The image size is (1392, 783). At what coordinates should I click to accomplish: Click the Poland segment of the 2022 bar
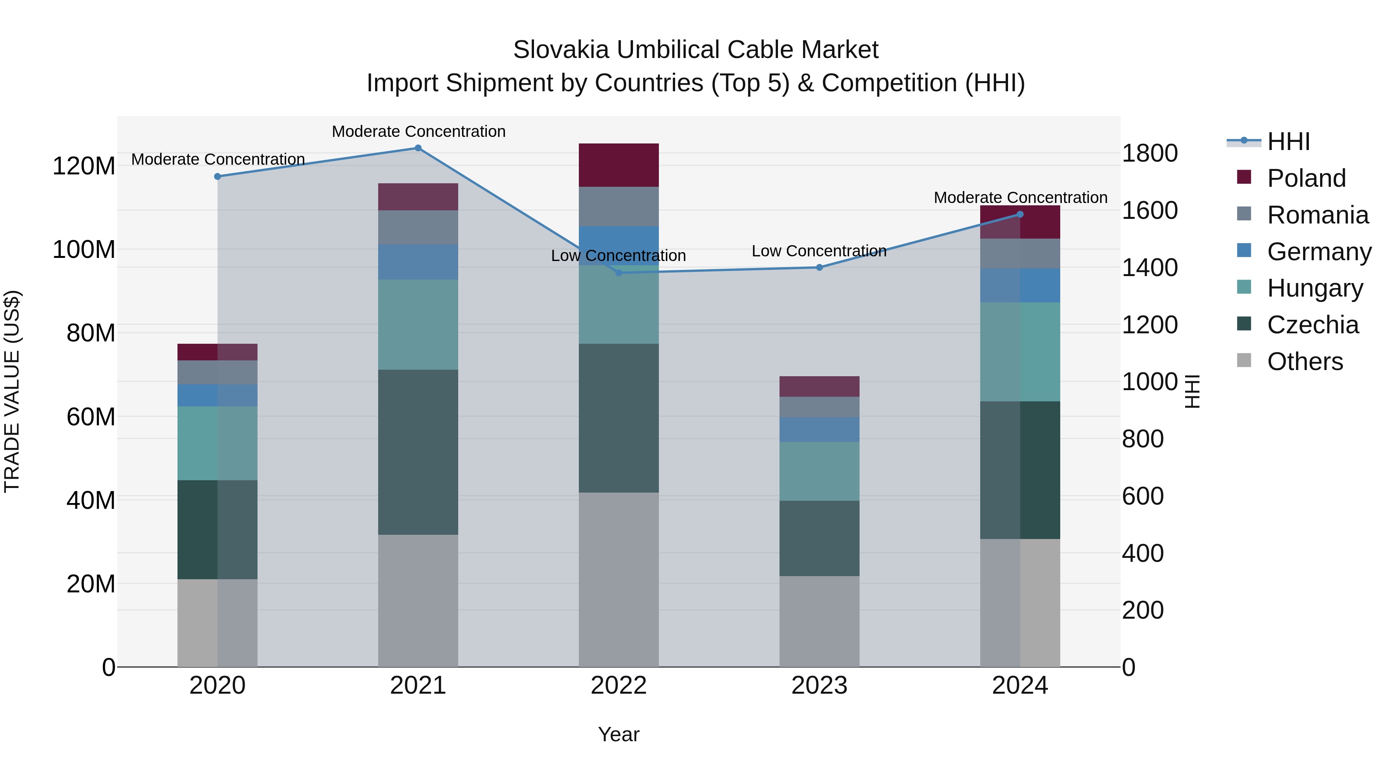(619, 165)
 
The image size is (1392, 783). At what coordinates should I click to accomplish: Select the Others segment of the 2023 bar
(819, 621)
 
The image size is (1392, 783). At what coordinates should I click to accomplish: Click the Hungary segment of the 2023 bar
(819, 471)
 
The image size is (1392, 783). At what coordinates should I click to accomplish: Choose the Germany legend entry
(1319, 252)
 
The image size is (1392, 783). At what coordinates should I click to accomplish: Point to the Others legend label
(1305, 362)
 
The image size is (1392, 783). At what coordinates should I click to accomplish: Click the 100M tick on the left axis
(84, 250)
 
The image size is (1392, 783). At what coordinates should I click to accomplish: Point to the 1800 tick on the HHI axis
(1150, 154)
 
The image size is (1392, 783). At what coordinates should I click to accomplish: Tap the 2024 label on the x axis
(1020, 686)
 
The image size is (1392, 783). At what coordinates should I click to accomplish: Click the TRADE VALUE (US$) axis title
(12, 391)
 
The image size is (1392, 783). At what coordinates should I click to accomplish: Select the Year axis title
(618, 734)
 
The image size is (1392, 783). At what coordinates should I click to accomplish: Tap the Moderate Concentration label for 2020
(218, 159)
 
